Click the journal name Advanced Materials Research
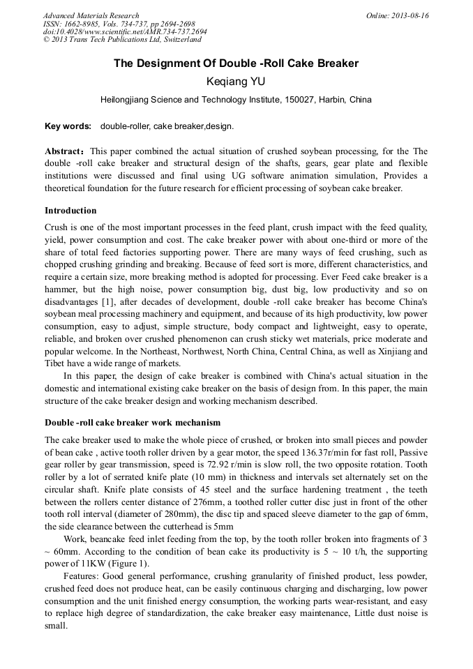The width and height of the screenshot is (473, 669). coord(91,15)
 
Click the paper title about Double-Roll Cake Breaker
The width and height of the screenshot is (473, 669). coord(236,63)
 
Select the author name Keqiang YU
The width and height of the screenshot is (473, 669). coord(236,82)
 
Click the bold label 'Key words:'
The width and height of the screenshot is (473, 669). coord(68,126)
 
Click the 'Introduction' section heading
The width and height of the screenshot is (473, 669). coord(70,211)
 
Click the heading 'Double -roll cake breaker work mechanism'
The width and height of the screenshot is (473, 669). coord(133,423)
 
